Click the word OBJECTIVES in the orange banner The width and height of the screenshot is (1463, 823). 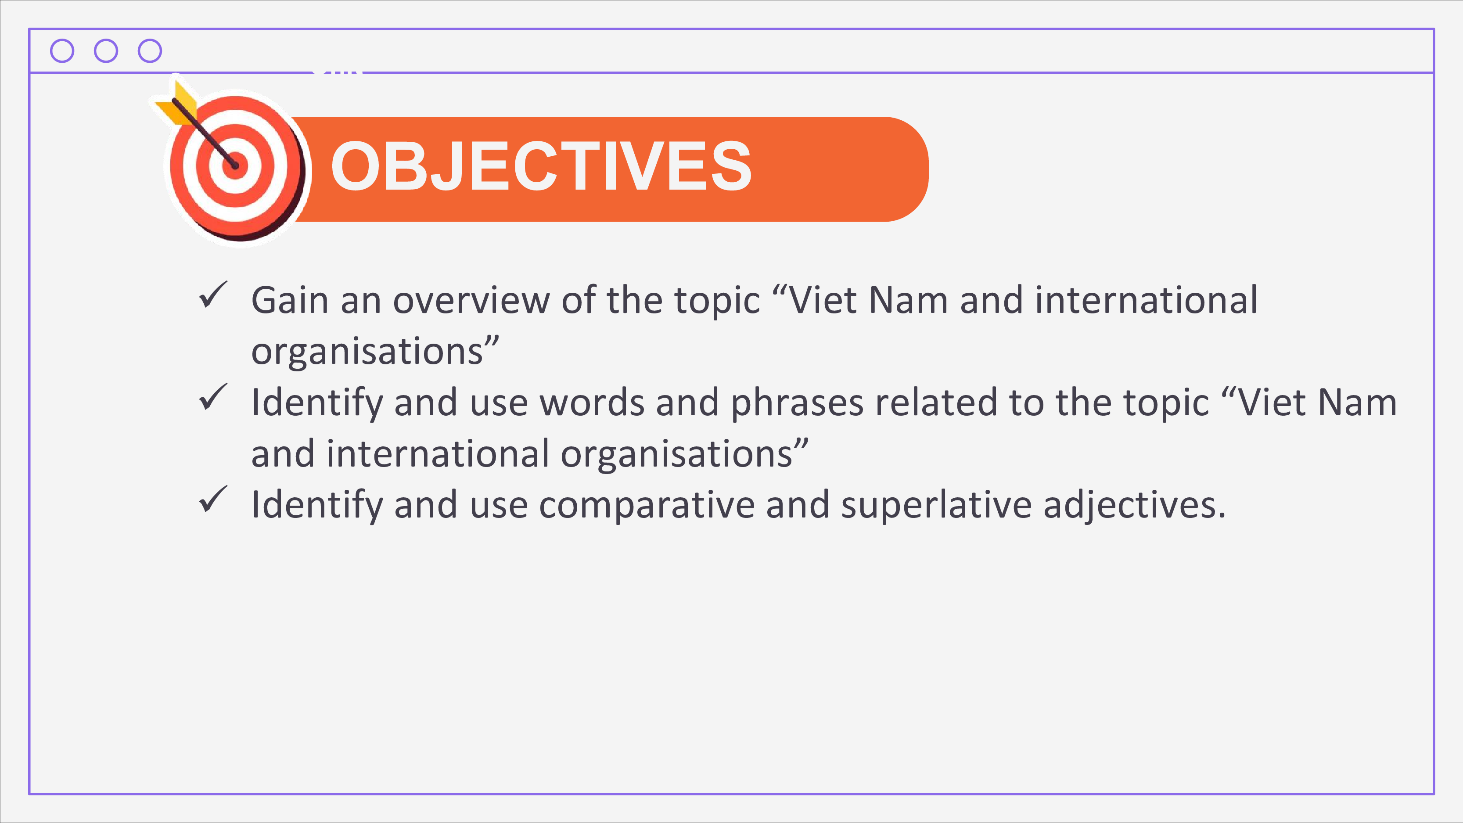541,166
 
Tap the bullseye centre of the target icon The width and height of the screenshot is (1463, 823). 235,166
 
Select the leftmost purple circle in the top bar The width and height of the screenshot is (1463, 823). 62,50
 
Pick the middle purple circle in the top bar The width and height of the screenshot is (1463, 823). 106,50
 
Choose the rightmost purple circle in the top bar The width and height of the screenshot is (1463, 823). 150,50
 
